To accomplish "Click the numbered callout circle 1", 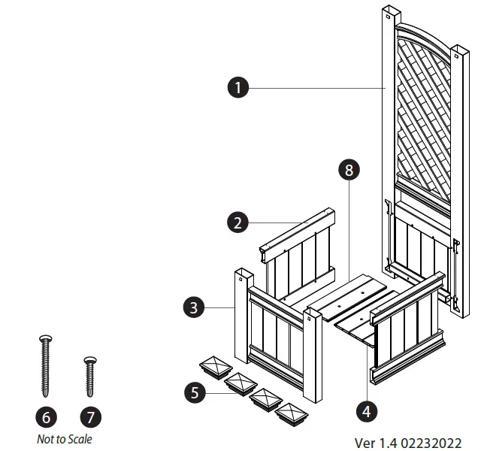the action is tap(238, 88).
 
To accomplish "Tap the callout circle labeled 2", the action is tap(238, 222).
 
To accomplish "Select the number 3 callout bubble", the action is tap(194, 307).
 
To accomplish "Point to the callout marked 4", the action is tap(368, 410).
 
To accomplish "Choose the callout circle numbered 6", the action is tap(46, 416).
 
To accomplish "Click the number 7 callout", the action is tap(90, 416).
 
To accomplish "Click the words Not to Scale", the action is tap(66, 439).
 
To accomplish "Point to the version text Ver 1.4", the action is tap(376, 443).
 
